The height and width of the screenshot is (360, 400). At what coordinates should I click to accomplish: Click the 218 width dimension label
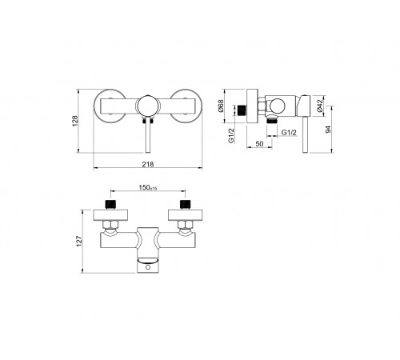(148, 164)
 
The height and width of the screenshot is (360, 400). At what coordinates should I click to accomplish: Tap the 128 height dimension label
(75, 121)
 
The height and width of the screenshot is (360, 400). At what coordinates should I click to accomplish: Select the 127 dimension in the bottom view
(79, 241)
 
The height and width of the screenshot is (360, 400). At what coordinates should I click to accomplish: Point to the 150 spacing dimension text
(148, 188)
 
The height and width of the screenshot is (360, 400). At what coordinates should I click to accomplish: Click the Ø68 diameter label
(221, 106)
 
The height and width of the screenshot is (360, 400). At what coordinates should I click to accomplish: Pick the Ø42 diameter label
(320, 106)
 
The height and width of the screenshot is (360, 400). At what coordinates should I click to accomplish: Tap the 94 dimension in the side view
(328, 130)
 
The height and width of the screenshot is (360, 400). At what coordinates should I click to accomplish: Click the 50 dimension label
(259, 144)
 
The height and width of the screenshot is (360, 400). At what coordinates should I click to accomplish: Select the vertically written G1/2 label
(231, 135)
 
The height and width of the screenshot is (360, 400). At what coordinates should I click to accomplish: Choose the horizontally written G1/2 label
(289, 133)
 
